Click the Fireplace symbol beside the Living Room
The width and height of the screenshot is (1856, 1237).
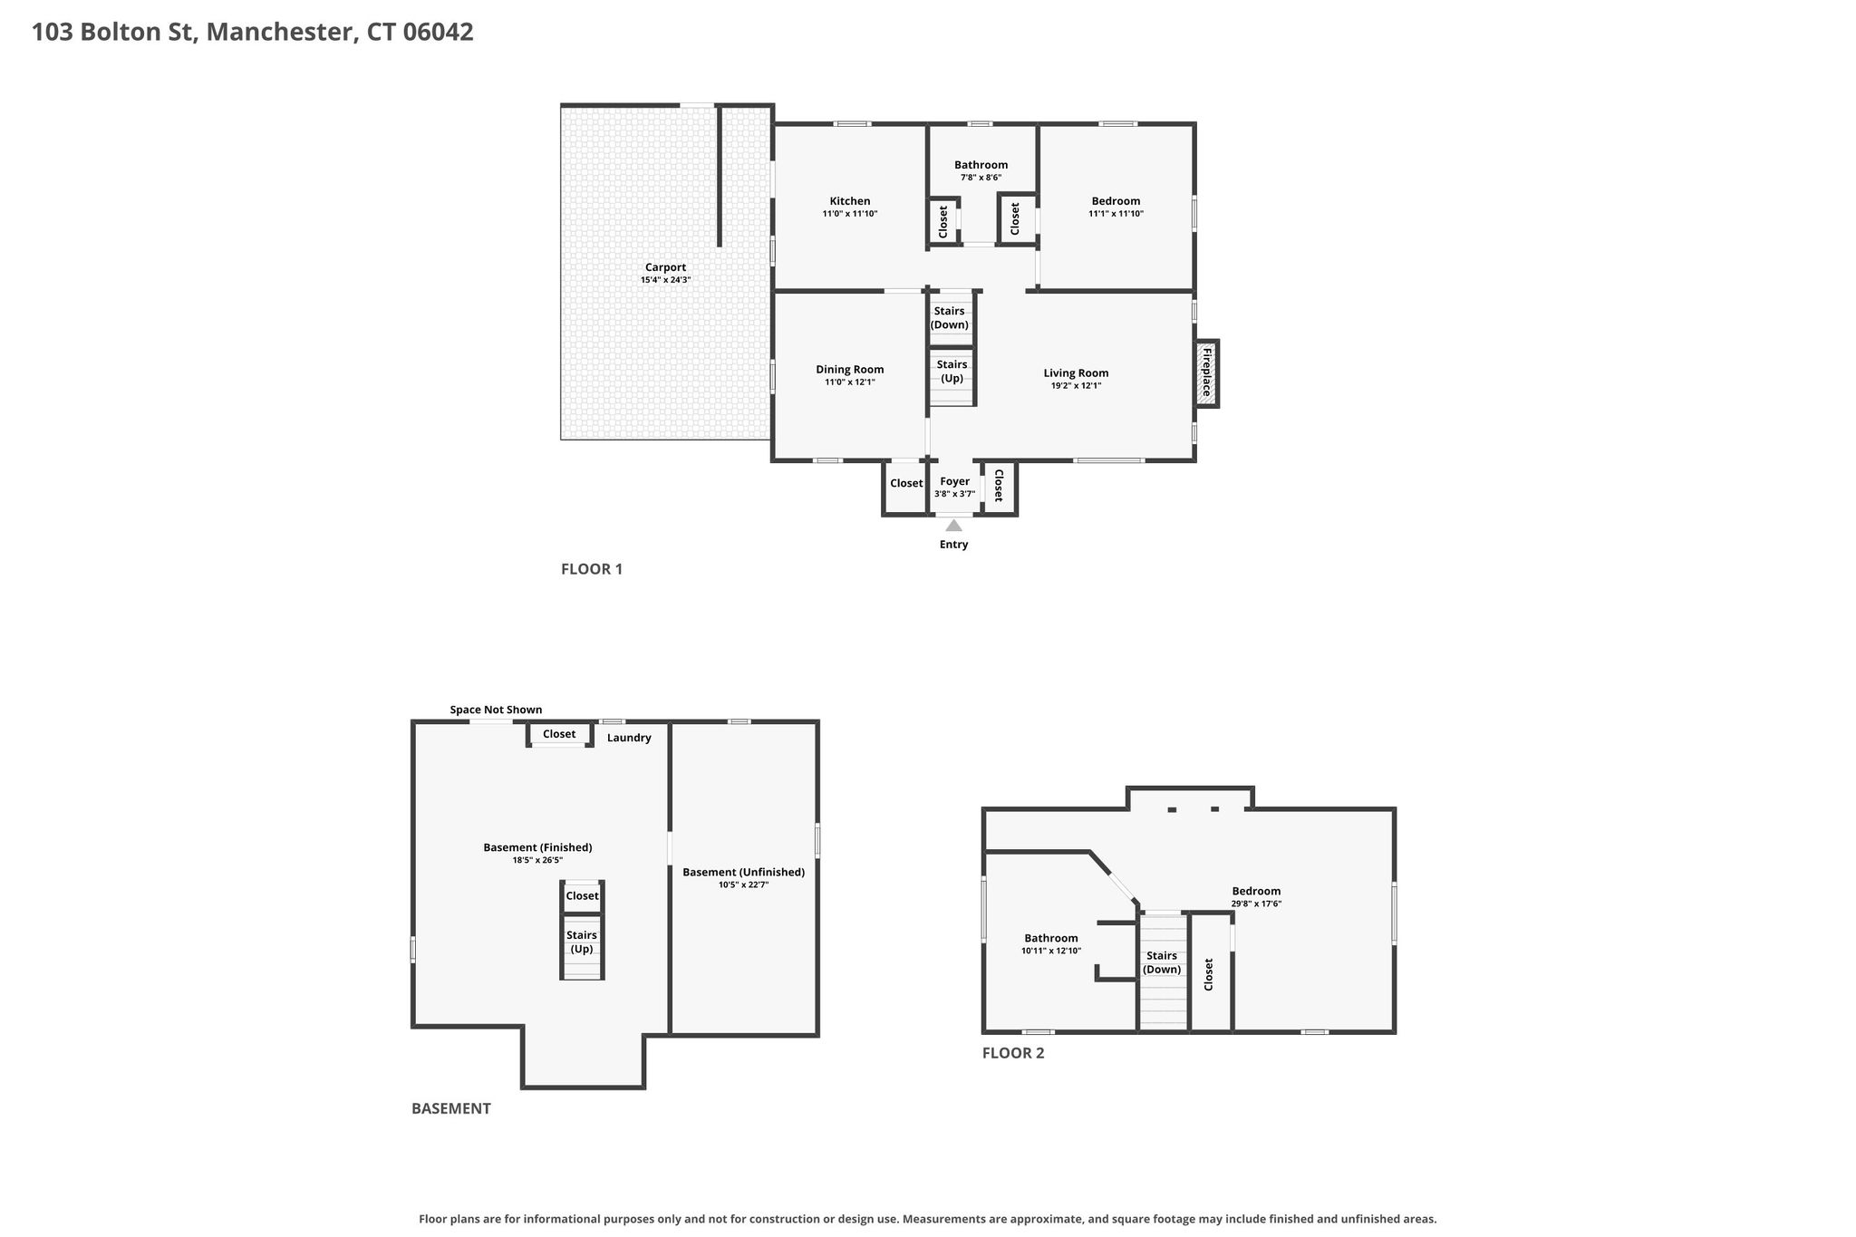click(x=1206, y=373)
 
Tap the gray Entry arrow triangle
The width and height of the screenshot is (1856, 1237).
click(x=953, y=525)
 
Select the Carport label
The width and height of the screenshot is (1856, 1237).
click(x=665, y=267)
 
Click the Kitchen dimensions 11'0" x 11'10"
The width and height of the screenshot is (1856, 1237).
click(x=850, y=214)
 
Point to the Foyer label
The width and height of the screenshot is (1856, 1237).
click(x=954, y=481)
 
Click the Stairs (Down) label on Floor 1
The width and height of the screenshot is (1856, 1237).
click(x=950, y=318)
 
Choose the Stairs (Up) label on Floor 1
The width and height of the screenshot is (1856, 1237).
click(x=952, y=372)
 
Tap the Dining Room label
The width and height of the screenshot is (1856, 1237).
click(x=850, y=369)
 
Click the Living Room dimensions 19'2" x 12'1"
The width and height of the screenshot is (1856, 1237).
click(x=1076, y=386)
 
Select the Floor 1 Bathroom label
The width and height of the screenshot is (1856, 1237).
click(x=981, y=165)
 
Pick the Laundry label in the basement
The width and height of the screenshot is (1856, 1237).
click(x=629, y=738)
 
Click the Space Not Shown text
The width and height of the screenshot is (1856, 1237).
click(x=496, y=710)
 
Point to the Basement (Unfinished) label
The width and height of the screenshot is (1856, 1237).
click(x=743, y=872)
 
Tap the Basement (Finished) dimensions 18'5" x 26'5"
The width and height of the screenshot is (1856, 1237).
click(x=537, y=860)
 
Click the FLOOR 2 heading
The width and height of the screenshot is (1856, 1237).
click(x=1013, y=1053)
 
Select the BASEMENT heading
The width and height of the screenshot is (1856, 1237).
click(x=451, y=1108)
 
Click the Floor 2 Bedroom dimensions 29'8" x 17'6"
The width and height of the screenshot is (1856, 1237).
click(x=1256, y=904)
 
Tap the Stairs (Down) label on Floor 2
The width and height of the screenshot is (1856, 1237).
click(x=1162, y=962)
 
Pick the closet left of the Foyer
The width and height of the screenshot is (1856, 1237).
click(x=906, y=488)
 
